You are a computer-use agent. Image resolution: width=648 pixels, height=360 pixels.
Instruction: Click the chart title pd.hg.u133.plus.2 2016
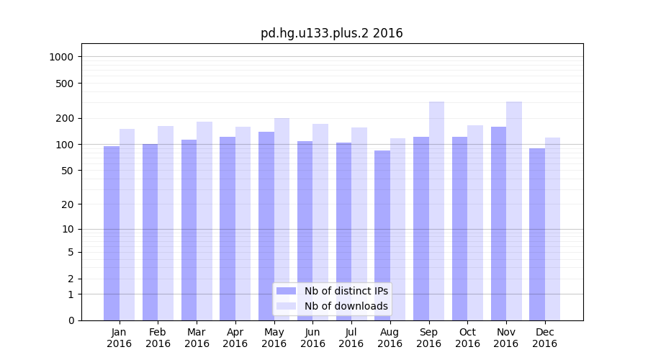click(331, 33)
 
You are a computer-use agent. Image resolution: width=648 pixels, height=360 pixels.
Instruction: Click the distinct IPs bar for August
click(382, 235)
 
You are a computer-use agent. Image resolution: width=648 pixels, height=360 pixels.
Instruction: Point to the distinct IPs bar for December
click(537, 234)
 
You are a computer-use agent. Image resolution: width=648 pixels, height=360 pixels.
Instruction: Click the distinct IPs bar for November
click(498, 223)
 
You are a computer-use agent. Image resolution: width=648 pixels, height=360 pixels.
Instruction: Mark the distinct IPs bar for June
click(305, 230)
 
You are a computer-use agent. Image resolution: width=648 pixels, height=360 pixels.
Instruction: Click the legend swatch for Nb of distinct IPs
click(287, 291)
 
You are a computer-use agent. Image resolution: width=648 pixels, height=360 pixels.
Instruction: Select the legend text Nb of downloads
click(346, 306)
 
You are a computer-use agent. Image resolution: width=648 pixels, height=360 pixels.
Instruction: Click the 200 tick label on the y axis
click(66, 118)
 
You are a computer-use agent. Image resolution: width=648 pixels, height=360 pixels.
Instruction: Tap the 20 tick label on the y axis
click(68, 204)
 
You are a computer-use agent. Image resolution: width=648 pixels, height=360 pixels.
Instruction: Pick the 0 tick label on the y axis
click(71, 320)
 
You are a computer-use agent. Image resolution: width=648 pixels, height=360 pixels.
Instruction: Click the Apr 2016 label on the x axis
click(235, 338)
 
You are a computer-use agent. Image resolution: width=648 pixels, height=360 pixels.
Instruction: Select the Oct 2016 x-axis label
click(467, 338)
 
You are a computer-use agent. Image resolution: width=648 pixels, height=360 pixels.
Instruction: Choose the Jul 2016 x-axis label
click(351, 338)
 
